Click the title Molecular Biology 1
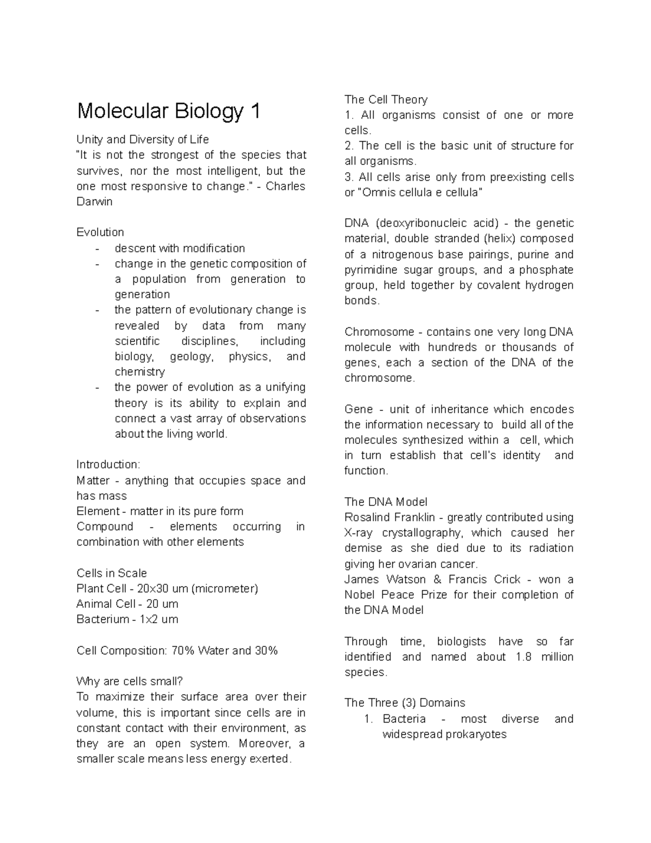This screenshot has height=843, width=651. pos(169,111)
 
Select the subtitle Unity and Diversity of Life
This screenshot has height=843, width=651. pos(142,140)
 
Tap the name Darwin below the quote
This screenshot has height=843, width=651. pos(94,201)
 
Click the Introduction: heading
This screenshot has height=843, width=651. pos(108,465)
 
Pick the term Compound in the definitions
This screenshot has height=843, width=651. pos(105,527)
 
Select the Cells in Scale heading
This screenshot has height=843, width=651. pos(112,573)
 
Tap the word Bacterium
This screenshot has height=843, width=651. pos(103,619)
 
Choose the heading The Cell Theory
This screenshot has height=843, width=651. pos(386,99)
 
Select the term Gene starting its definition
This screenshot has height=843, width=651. pos(359,409)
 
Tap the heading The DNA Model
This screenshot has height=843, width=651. pos(386,502)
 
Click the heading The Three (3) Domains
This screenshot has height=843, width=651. pos(405,703)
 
